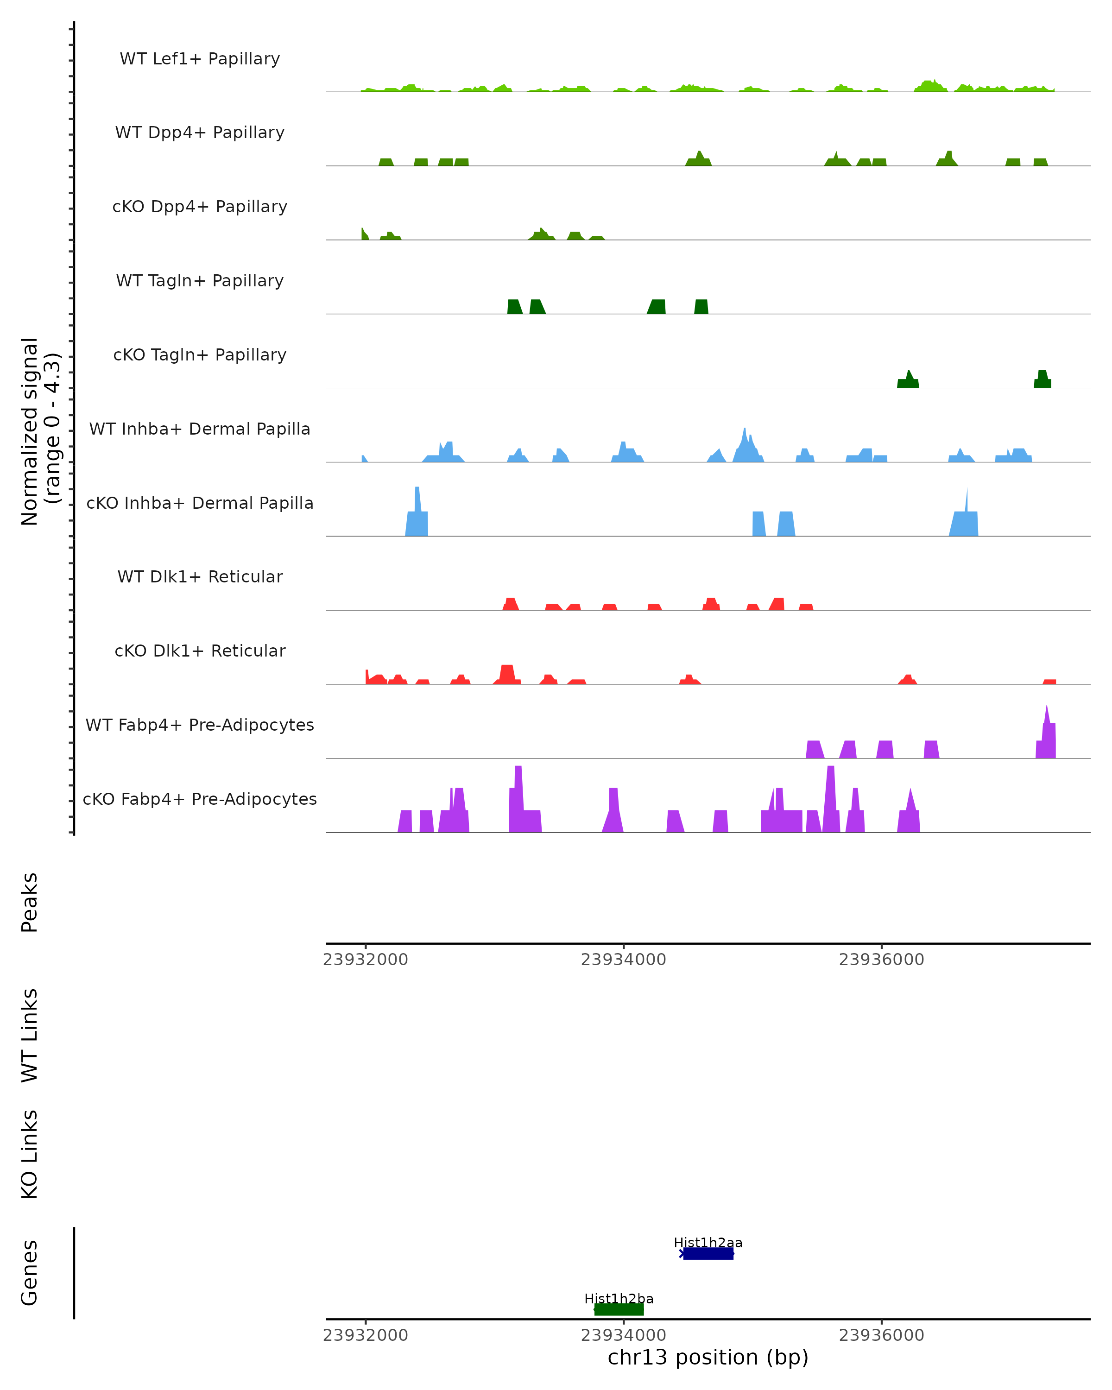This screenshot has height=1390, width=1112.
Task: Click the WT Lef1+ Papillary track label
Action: (x=200, y=59)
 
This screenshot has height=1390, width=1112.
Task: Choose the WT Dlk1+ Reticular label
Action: (x=200, y=576)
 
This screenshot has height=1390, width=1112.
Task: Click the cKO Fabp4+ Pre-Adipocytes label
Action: (x=200, y=799)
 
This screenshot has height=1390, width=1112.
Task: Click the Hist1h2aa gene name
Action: (x=708, y=1242)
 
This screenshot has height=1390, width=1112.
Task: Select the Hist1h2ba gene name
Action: (x=619, y=1298)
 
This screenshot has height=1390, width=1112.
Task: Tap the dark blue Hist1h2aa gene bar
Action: (x=708, y=1253)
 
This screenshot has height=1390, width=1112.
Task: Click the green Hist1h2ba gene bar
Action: (x=619, y=1309)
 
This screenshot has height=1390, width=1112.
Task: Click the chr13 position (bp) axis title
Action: (x=708, y=1357)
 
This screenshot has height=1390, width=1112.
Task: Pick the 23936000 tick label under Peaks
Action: (x=881, y=960)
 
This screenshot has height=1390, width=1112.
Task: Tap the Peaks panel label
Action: (x=30, y=902)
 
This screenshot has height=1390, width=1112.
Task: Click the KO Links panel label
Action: (x=30, y=1154)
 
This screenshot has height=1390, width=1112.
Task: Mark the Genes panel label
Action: (x=30, y=1273)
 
